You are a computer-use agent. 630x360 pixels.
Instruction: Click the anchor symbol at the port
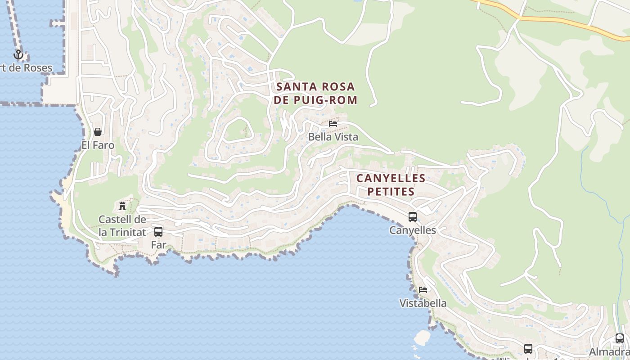[x=18, y=54]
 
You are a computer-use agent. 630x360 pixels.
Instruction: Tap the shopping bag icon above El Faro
[x=98, y=132]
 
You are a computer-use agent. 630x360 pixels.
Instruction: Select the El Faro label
[x=98, y=145]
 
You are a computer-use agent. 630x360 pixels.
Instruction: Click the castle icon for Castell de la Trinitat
[x=122, y=206]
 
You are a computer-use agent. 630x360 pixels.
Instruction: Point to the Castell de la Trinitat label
[x=122, y=226]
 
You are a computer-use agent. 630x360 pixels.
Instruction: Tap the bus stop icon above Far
[x=158, y=232]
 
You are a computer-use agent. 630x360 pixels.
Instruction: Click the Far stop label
[x=158, y=245]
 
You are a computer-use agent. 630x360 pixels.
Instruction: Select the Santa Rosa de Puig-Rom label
[x=315, y=93]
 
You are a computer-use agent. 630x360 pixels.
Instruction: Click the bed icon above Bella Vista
[x=333, y=123]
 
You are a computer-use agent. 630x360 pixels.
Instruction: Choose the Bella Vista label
[x=333, y=137]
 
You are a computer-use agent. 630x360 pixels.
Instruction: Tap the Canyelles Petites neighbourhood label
[x=391, y=184]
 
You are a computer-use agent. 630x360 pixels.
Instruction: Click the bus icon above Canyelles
[x=413, y=217]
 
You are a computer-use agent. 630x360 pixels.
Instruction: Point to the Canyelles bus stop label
[x=413, y=230]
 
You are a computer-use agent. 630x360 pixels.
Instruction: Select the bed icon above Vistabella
[x=423, y=289]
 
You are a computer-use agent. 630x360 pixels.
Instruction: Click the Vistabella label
[x=423, y=303]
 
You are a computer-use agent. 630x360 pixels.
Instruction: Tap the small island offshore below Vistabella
[x=422, y=337]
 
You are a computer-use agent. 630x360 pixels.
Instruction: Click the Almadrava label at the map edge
[x=610, y=351]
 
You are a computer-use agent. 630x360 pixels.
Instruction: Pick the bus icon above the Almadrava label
[x=620, y=338]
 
